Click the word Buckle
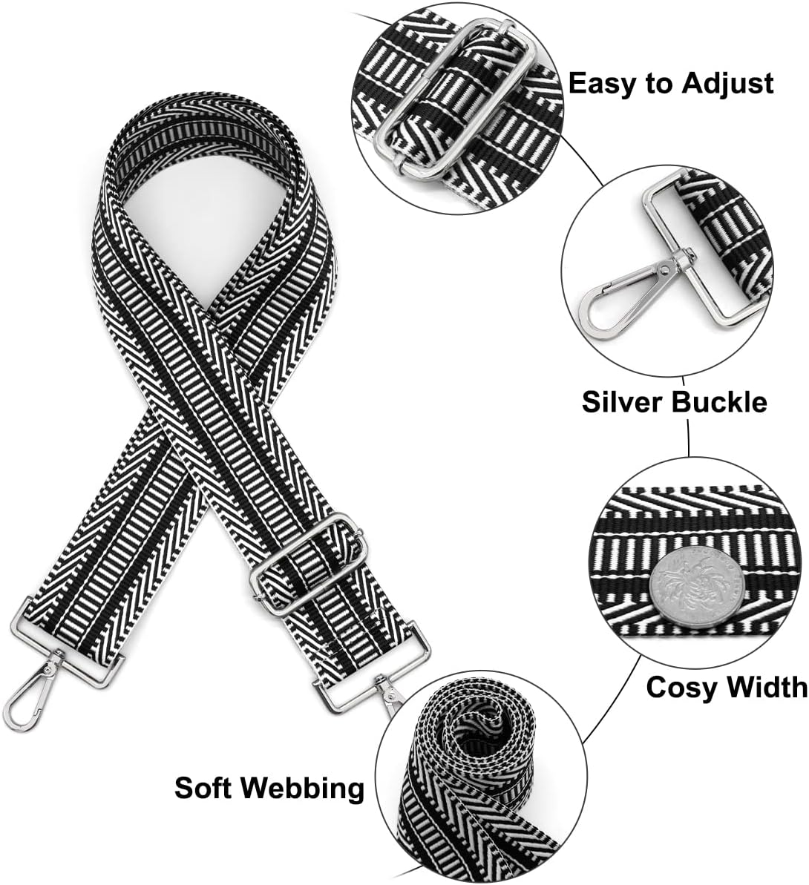pos(720,402)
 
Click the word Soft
pos(207,787)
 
